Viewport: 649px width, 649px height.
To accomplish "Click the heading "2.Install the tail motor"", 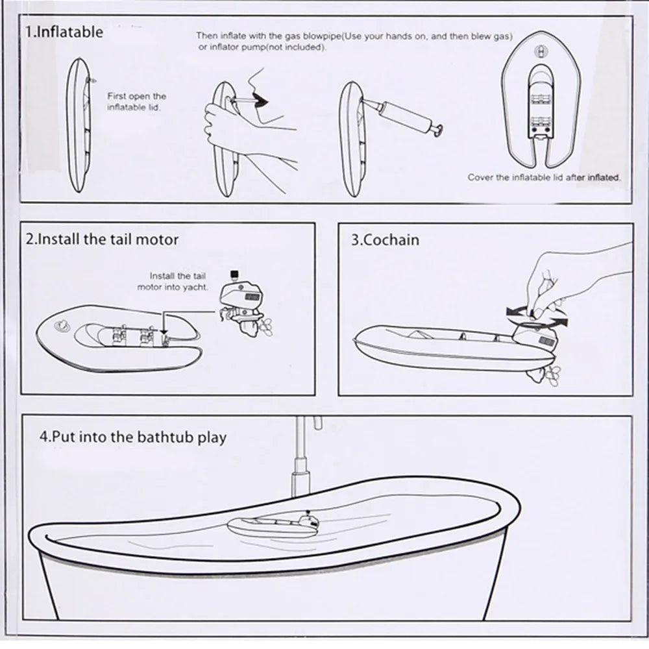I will (102, 239).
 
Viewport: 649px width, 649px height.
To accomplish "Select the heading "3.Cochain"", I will (385, 239).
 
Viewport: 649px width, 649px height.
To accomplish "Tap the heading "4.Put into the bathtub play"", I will (132, 437).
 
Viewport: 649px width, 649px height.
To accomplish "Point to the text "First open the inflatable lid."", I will (136, 102).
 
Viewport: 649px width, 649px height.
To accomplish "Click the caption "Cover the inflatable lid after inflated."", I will (544, 177).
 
